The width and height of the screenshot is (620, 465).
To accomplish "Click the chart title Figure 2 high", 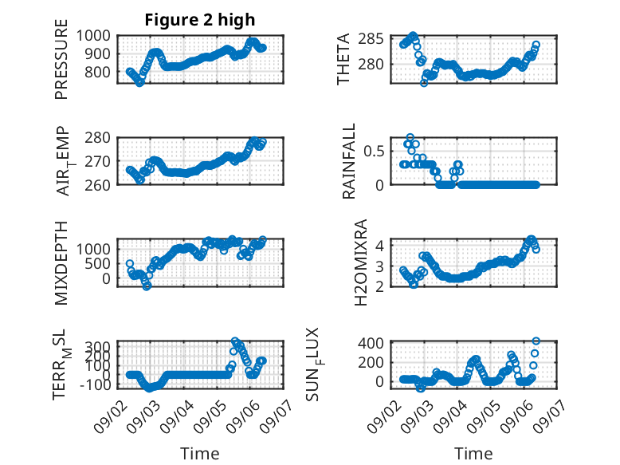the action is click(x=200, y=20).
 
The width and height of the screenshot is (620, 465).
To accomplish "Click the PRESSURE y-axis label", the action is click(x=61, y=59).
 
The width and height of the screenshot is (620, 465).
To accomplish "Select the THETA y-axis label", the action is click(x=343, y=59).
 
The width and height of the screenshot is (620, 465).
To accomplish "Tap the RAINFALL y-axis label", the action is click(x=349, y=161).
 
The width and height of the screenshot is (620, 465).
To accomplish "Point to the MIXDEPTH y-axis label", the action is click(x=61, y=263).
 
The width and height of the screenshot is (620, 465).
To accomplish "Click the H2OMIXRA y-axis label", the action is click(x=361, y=262).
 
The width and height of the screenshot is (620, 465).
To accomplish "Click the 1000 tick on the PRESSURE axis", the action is click(x=93, y=36).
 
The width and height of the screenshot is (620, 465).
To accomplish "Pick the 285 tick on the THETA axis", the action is click(x=371, y=39).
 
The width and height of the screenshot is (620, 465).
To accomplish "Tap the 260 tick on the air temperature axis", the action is click(x=98, y=185).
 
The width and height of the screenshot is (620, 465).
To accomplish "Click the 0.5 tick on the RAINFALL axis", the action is click(x=374, y=152).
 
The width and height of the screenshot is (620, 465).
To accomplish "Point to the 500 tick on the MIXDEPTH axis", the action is click(x=98, y=263).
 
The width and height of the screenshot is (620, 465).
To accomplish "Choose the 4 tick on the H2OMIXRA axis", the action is click(x=380, y=246).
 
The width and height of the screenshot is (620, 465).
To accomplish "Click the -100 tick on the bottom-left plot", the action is click(x=95, y=384).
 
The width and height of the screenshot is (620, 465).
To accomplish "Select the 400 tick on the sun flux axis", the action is click(x=371, y=343).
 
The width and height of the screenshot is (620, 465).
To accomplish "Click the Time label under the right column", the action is click(x=473, y=454).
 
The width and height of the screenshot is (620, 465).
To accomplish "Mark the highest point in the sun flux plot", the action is click(x=536, y=341).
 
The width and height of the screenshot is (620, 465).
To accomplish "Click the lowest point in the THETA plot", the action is click(x=424, y=83).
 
